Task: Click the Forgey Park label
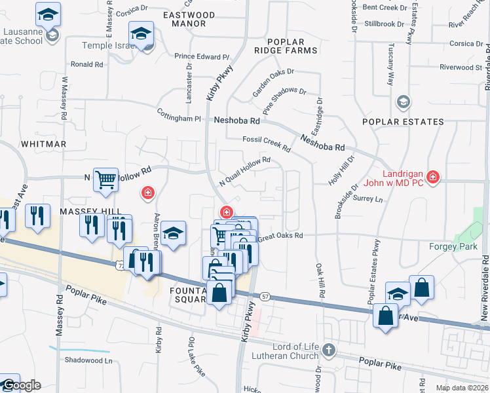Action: coord(453,246)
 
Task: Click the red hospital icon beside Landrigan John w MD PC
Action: coord(432,177)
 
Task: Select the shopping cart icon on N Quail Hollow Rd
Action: coord(105,179)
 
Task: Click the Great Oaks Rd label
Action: coord(281,235)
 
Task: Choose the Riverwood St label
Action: coord(461,67)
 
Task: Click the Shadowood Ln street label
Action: coord(88,360)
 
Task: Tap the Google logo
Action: coord(20,386)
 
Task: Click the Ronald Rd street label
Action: coord(87,64)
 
